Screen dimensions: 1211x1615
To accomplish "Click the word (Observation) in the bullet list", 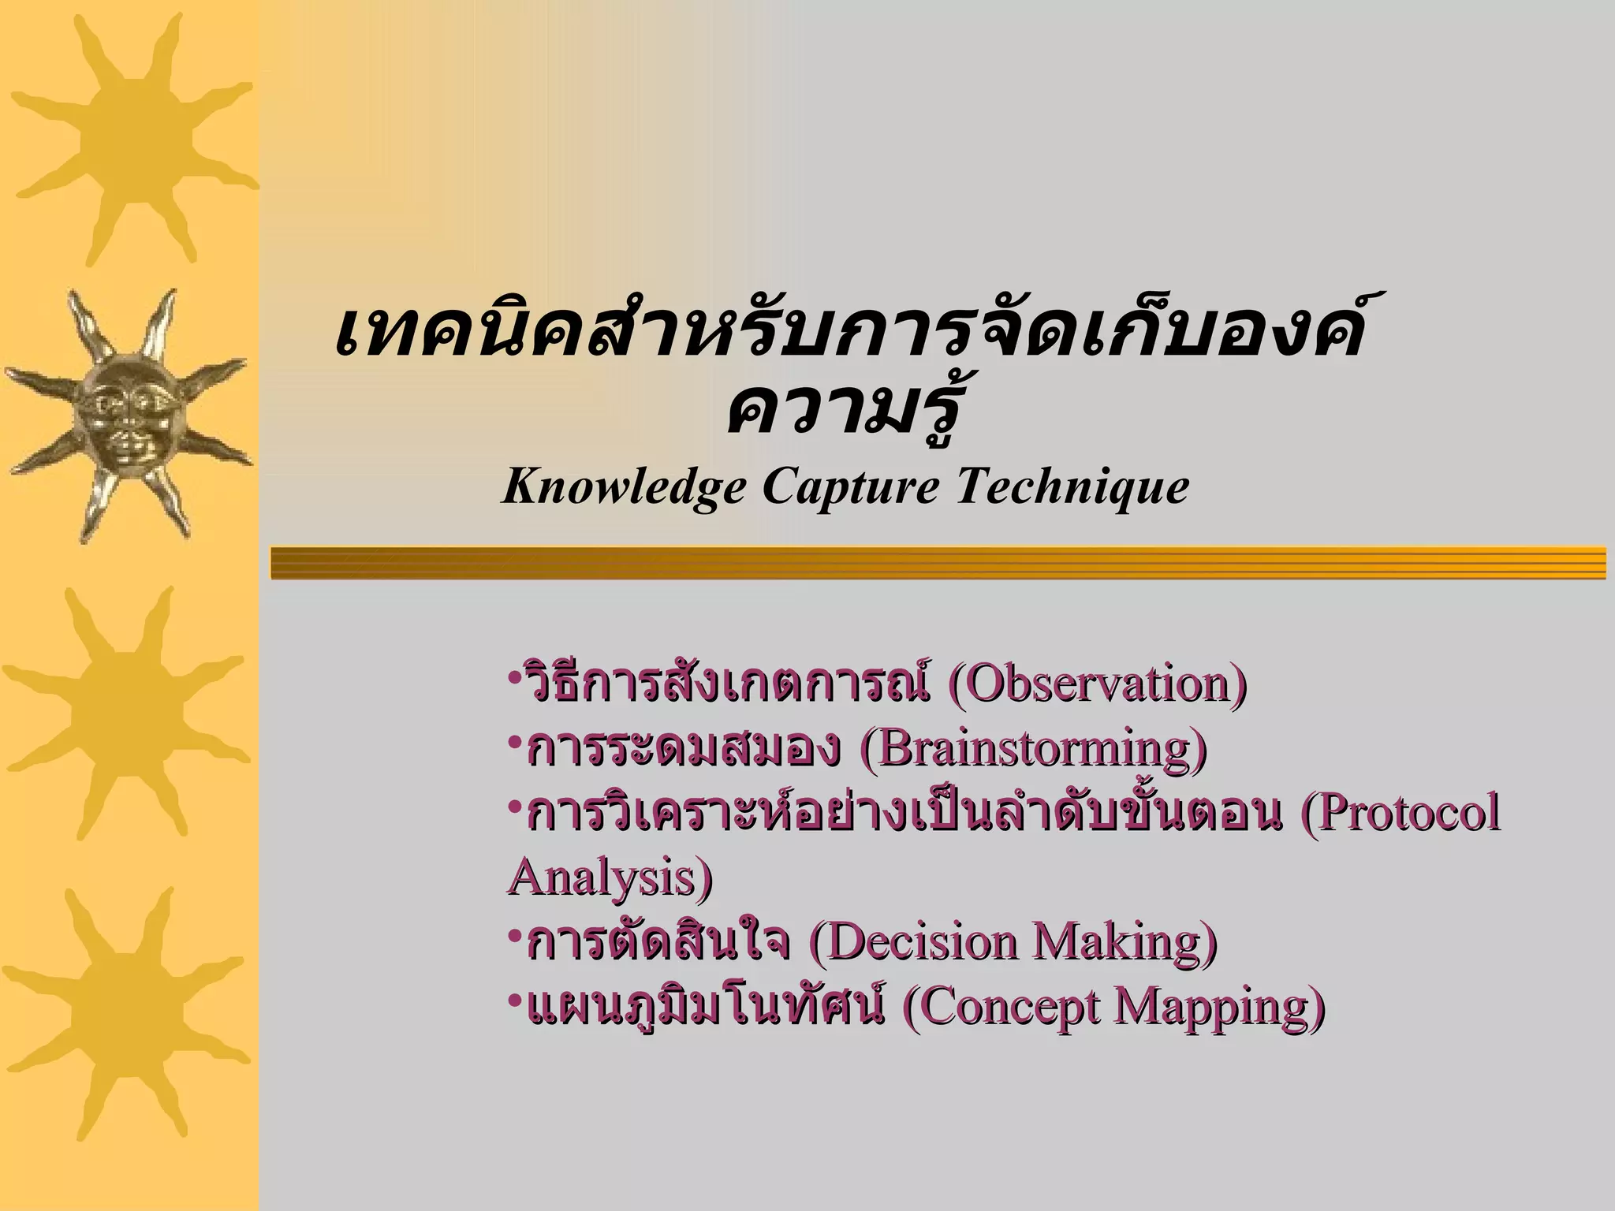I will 1097,684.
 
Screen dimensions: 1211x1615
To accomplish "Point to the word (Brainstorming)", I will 1033,748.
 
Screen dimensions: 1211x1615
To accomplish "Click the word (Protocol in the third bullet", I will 1399,813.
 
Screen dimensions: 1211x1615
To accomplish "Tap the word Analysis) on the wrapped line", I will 610,877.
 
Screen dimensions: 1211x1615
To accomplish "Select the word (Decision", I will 915,941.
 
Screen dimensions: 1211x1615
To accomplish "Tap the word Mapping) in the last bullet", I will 1219,1007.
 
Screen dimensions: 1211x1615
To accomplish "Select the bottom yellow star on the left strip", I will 126,1013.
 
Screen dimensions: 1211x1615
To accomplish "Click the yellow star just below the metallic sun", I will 126,710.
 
